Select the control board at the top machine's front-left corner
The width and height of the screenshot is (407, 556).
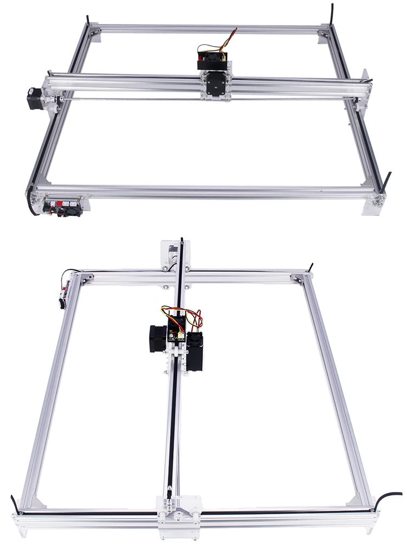[x=63, y=207]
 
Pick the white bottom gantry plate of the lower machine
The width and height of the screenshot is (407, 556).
[x=179, y=513]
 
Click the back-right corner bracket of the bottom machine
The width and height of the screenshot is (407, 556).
[x=298, y=278]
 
